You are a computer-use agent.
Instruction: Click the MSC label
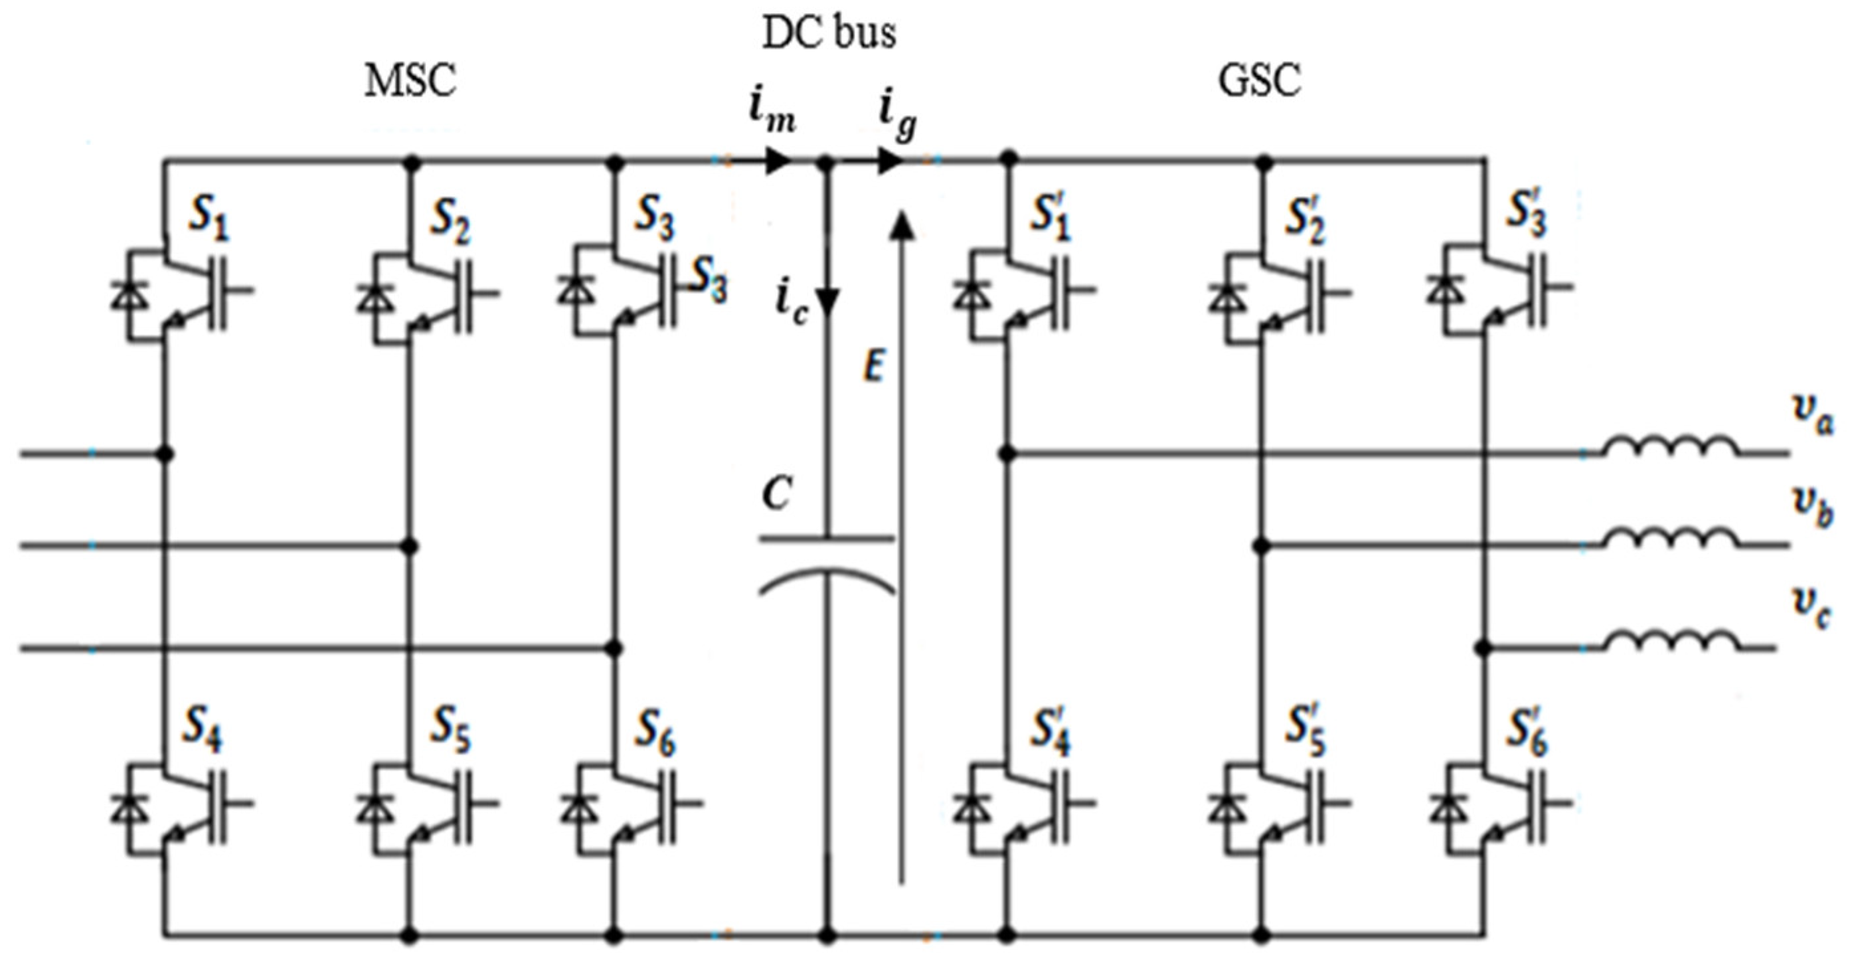click(411, 81)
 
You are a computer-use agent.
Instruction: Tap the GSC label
click(1260, 81)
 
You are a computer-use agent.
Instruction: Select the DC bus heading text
click(829, 34)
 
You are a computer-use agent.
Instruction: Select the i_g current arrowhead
click(890, 161)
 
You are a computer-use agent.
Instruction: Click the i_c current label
click(792, 306)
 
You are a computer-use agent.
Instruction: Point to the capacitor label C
click(777, 494)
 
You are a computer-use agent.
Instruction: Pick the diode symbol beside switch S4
click(129, 808)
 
